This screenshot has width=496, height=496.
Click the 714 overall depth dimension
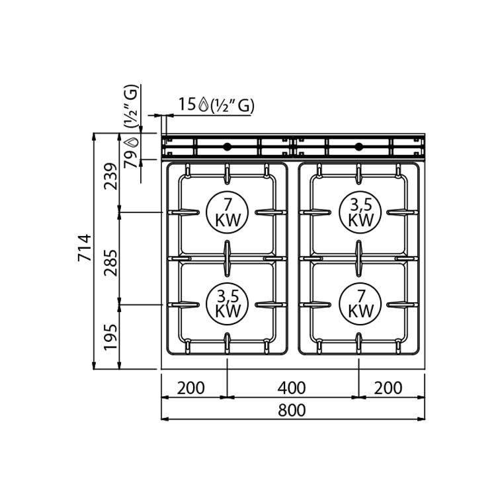(x=85, y=248)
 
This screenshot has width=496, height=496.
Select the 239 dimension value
(x=110, y=176)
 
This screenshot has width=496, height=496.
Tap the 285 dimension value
(x=110, y=263)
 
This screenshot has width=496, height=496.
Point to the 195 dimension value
(x=110, y=337)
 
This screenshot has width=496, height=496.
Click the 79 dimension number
(x=130, y=159)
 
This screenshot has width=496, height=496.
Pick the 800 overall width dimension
(x=292, y=410)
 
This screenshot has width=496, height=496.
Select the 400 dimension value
(x=292, y=388)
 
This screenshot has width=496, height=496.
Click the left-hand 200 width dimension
(x=190, y=388)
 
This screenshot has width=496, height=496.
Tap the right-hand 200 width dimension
(x=388, y=388)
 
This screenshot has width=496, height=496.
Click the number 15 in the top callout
(x=187, y=104)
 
